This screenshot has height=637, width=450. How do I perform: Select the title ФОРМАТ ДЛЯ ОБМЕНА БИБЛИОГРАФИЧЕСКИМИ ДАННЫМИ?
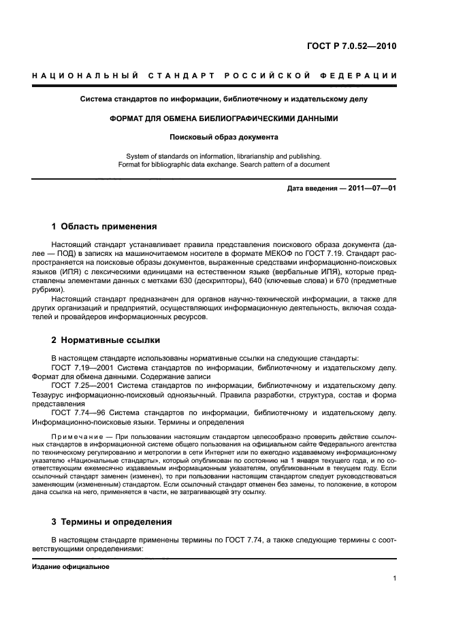224,118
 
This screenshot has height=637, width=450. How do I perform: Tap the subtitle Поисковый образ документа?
224,137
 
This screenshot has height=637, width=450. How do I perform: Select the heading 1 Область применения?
104,226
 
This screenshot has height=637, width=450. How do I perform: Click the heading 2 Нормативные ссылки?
106,340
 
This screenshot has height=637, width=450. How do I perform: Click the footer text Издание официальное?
71,566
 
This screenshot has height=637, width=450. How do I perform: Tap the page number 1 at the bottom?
394,578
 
